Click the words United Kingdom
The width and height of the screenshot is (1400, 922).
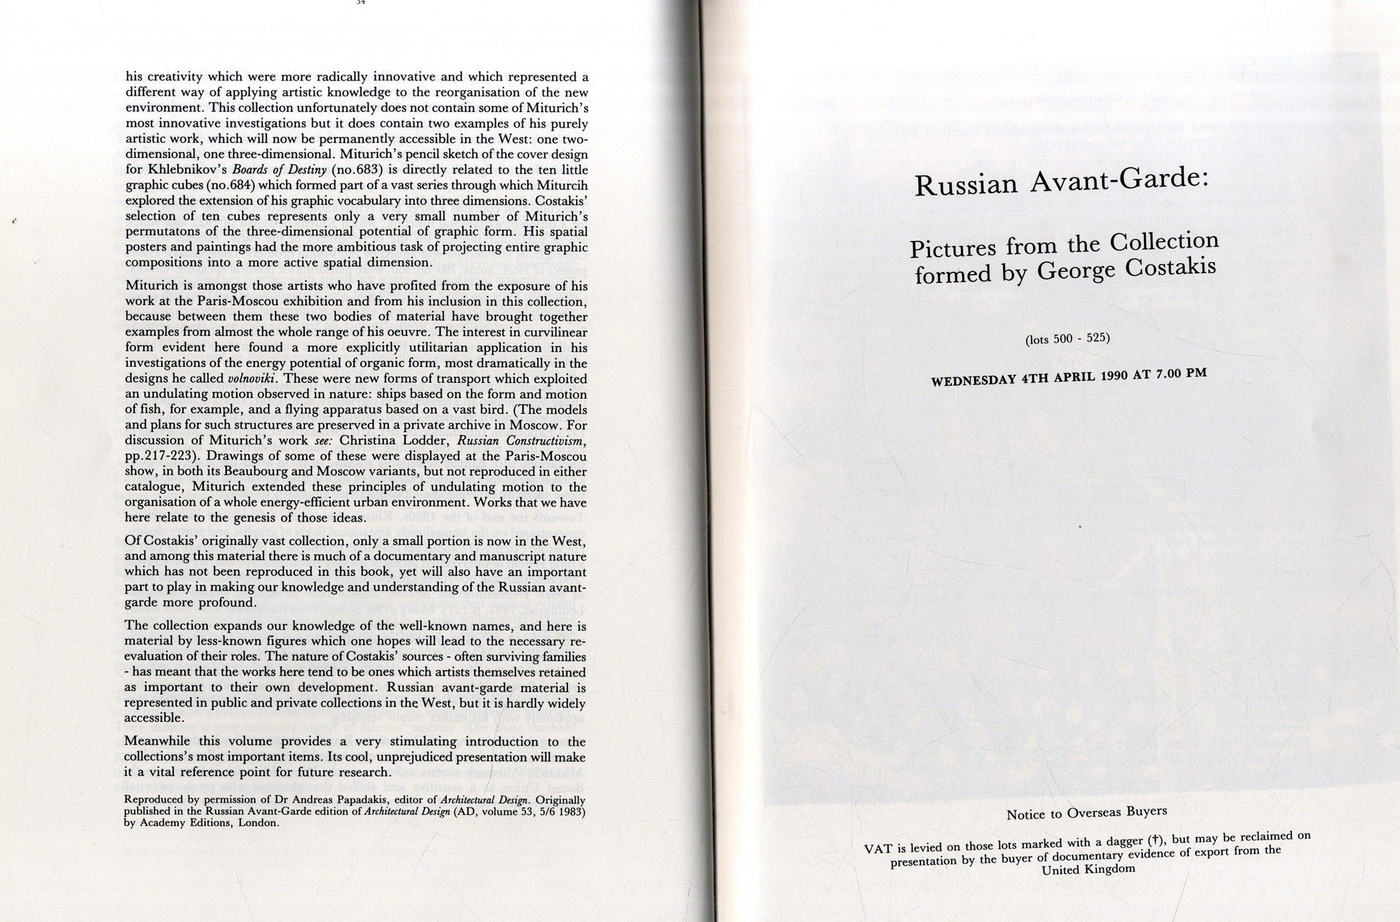tap(1088, 869)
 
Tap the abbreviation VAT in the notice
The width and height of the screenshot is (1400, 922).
tap(878, 848)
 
